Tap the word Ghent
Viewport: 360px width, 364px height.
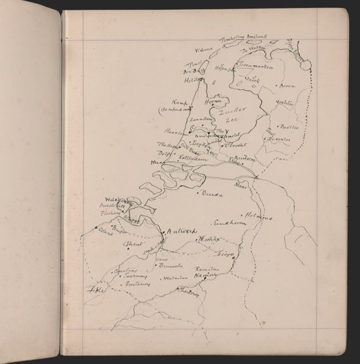pos(132,244)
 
